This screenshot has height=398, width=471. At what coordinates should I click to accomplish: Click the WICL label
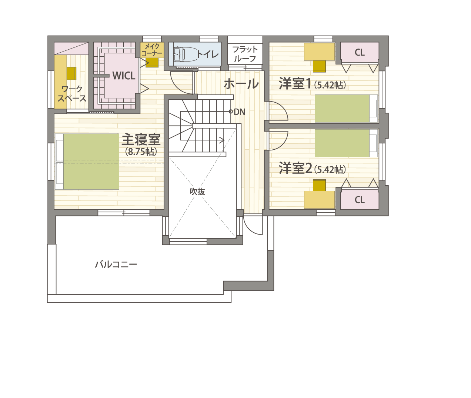124,76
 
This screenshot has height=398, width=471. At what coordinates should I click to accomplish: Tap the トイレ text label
207,54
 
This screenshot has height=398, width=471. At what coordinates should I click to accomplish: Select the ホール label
241,83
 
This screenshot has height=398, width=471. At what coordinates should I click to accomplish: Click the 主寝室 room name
141,139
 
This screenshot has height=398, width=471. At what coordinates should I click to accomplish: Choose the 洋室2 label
295,168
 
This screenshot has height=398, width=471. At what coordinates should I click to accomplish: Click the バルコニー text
116,264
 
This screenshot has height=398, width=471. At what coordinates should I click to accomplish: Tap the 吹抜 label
197,192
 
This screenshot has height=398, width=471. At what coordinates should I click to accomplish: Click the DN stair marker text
239,112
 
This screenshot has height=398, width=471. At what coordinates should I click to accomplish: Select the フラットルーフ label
245,54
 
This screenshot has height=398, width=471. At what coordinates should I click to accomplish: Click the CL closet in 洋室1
360,52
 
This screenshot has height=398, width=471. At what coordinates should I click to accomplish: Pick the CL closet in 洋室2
360,200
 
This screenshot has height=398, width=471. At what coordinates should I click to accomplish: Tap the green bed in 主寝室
91,162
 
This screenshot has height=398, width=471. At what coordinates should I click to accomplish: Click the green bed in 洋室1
342,109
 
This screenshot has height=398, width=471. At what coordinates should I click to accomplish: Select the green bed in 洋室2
342,143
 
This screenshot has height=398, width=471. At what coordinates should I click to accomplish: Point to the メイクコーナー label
152,50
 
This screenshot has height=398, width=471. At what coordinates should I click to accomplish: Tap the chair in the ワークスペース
71,73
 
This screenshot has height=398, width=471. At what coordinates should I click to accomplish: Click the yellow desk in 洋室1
320,52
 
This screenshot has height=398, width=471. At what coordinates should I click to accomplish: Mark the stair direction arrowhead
223,140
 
